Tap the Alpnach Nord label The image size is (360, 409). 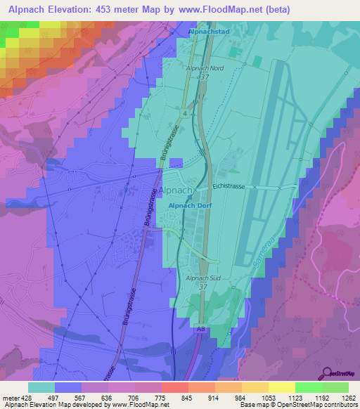205,67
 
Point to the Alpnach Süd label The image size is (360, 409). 203,279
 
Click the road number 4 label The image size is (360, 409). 184,112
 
